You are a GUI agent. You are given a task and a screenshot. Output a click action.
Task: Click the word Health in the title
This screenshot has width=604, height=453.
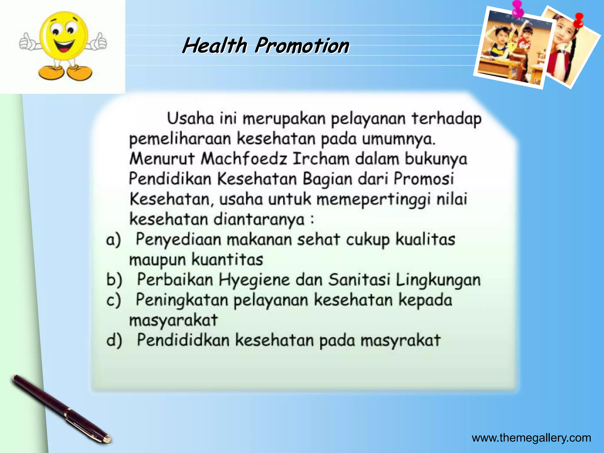(215, 46)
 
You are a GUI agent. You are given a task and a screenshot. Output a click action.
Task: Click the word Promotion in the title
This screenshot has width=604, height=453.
(302, 46)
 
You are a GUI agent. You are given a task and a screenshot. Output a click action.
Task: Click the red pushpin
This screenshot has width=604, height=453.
(579, 20)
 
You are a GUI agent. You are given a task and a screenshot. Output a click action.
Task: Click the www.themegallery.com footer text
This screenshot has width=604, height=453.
(531, 438)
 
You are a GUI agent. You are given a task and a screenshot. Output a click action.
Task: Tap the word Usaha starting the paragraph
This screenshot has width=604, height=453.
(191, 119)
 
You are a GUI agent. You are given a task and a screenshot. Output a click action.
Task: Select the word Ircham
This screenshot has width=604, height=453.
(321, 159)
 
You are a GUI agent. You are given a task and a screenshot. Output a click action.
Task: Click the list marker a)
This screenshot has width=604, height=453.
(114, 239)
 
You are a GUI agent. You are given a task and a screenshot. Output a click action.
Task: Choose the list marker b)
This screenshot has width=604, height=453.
(114, 280)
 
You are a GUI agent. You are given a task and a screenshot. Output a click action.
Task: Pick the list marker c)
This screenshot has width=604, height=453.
(114, 300)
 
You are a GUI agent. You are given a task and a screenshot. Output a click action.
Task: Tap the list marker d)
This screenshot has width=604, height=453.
(114, 340)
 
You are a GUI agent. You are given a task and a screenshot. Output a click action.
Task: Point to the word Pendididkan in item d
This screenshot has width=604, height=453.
(183, 340)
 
